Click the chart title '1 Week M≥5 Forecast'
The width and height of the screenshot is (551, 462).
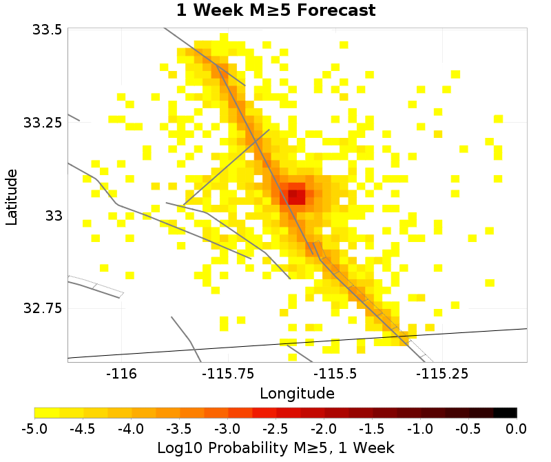pyautogui.click(x=275, y=11)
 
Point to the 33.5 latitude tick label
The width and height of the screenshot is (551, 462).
pyautogui.click(x=46, y=30)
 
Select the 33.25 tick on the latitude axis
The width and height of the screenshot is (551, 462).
pyautogui.click(x=43, y=123)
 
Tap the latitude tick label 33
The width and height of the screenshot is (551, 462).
pyautogui.click(x=54, y=216)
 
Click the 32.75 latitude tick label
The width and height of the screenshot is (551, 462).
pyautogui.click(x=43, y=308)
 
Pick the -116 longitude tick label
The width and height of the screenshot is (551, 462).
pyautogui.click(x=121, y=374)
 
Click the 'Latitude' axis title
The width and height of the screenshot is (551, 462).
pyautogui.click(x=11, y=194)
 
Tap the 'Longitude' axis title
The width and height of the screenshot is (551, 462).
pyautogui.click(x=297, y=394)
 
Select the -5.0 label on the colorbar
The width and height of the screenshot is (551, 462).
pyautogui.click(x=34, y=428)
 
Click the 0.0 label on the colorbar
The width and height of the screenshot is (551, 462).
pyautogui.click(x=517, y=428)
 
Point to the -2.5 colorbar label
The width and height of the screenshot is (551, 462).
pyautogui.click(x=275, y=428)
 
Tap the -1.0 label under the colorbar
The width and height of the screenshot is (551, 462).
pyautogui.click(x=420, y=428)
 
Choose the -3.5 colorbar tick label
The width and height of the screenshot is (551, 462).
pyautogui.click(x=179, y=428)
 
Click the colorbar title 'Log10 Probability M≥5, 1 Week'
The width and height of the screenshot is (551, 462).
pyautogui.click(x=275, y=448)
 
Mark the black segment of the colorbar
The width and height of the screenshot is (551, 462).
pyautogui.click(x=506, y=412)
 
